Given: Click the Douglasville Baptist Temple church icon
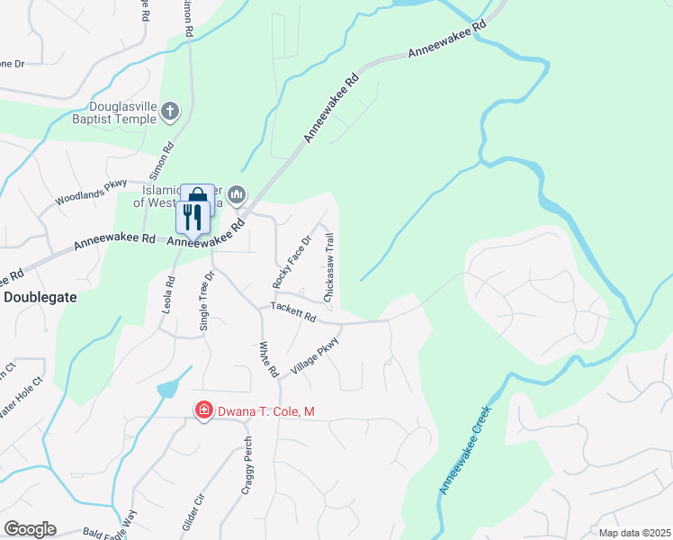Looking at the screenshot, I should (x=171, y=112).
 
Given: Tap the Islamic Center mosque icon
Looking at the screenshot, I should (x=238, y=194).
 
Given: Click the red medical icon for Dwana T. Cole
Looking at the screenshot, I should (x=204, y=411).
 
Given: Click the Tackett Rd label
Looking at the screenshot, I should (x=293, y=312).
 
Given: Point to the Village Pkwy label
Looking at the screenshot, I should (x=315, y=355).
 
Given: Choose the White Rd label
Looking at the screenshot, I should (x=265, y=360).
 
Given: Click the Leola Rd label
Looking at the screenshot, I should (x=167, y=293).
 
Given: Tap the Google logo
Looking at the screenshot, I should (x=29, y=529).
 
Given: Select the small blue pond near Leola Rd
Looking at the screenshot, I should (x=167, y=389).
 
